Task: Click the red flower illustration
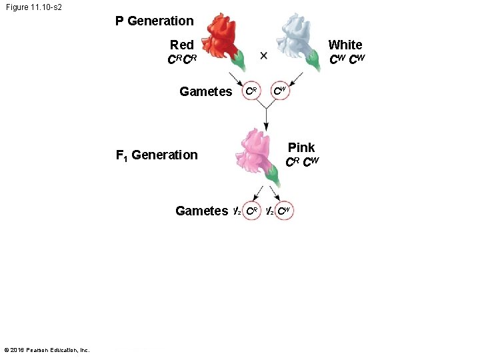coord(225,39)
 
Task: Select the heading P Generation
coord(154,21)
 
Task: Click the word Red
coord(181,45)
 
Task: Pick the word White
coord(345,45)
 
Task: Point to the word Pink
coord(301,147)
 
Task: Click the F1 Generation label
coord(157,155)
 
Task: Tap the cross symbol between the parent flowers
coord(263,55)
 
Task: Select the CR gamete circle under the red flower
coord(251,91)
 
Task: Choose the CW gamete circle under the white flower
coord(280,91)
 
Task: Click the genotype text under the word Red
coord(181,60)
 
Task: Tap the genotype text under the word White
coord(347,60)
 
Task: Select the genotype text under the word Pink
coord(302,162)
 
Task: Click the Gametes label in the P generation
coord(205,92)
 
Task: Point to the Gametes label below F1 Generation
coord(201,211)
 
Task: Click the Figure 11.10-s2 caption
coord(34,7)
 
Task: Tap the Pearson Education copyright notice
coord(47,350)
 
